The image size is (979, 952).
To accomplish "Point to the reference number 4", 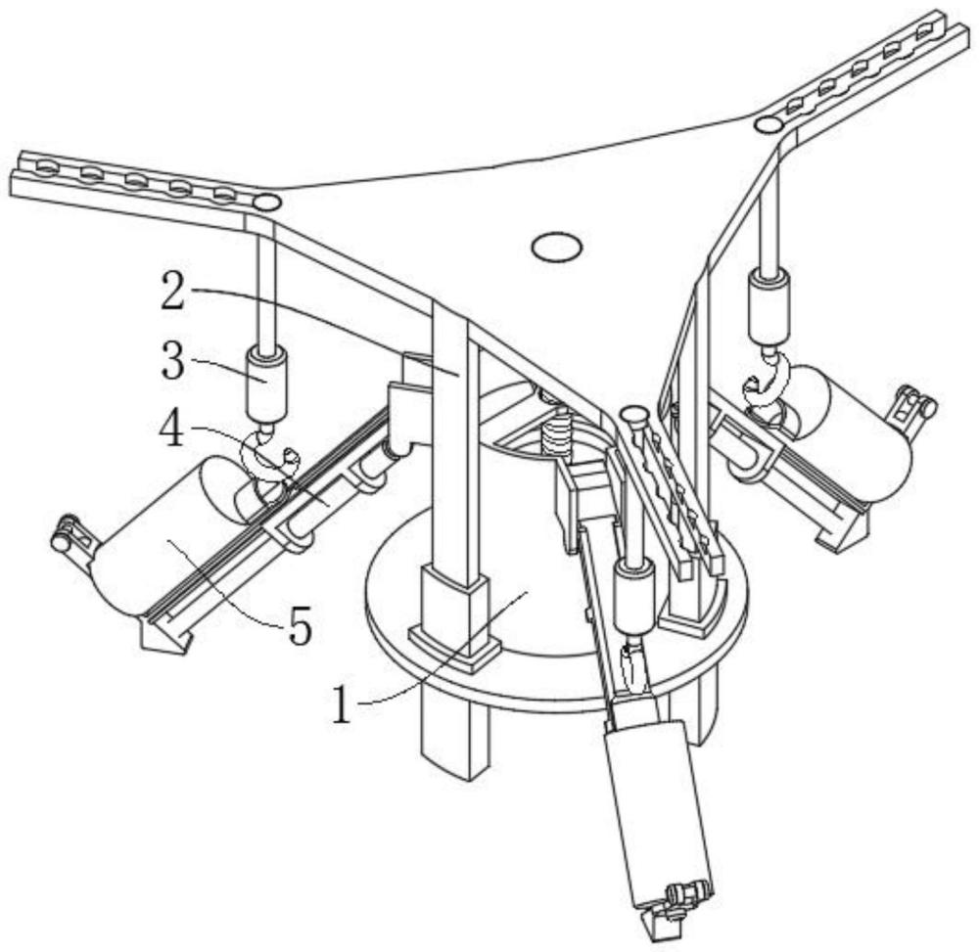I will coord(173,430).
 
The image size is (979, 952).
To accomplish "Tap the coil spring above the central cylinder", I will coord(558,431).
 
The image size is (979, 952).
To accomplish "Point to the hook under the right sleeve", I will coord(767,383).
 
